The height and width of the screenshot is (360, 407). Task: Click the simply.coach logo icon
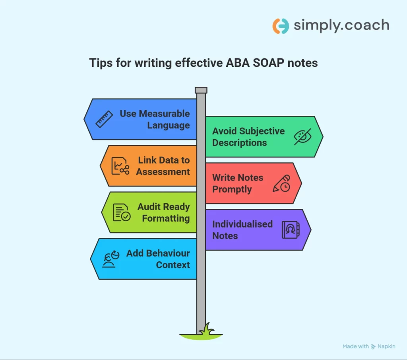coord(281,26)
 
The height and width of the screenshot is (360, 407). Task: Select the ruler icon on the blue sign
coord(104,119)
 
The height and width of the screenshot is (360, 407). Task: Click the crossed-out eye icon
coord(302,136)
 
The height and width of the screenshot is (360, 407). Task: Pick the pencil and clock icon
coord(281,183)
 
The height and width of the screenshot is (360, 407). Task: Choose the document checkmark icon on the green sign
coord(122,212)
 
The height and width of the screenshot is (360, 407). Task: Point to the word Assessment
coord(163,172)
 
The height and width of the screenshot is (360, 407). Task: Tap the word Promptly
coord(232,189)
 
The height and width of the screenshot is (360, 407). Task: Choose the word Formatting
coord(166,218)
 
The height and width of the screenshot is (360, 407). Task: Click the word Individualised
coord(242,224)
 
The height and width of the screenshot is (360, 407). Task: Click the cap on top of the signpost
coord(201,90)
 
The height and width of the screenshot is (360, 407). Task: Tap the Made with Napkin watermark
coord(369,346)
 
